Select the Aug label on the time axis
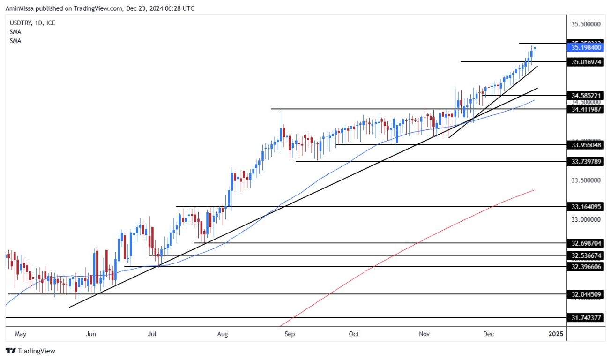(223, 334)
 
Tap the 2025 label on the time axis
(556, 334)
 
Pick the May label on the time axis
(20, 334)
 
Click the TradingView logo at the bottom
(30, 351)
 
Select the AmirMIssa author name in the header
(22, 8)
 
